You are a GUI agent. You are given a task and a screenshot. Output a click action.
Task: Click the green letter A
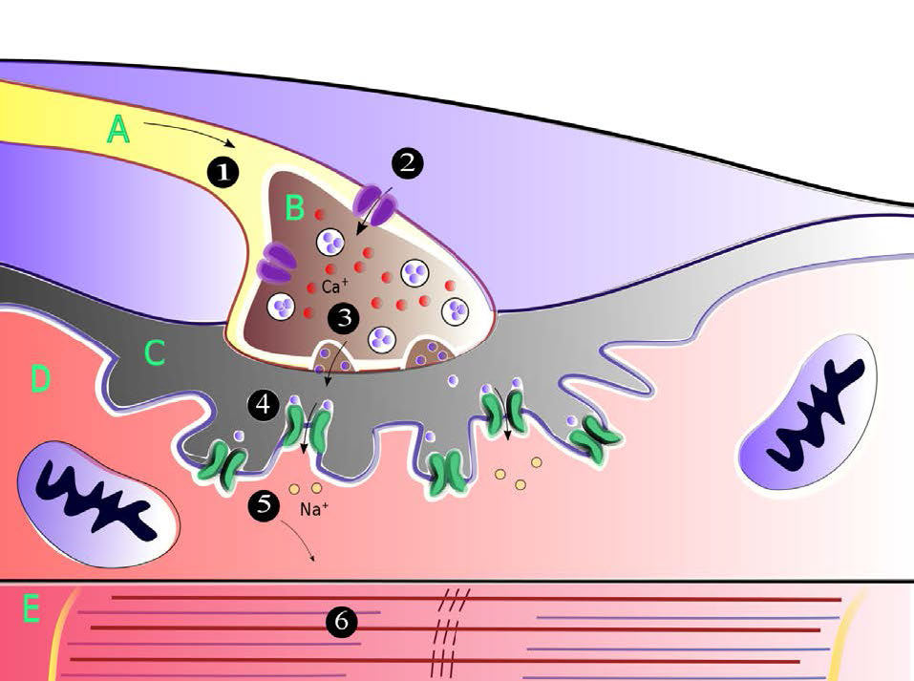click(x=118, y=130)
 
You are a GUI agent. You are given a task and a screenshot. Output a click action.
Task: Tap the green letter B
click(x=295, y=208)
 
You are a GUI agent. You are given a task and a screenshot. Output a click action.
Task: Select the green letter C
click(x=155, y=352)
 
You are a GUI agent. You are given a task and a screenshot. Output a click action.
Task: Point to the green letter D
click(x=40, y=379)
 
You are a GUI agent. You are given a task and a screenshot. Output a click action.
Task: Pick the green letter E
click(x=31, y=609)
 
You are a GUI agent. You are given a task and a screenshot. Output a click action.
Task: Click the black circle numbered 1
click(x=223, y=172)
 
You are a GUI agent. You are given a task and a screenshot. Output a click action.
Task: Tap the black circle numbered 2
click(x=408, y=162)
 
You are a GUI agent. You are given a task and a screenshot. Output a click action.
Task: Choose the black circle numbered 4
click(x=264, y=404)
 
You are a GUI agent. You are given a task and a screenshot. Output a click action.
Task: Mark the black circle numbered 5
click(x=264, y=503)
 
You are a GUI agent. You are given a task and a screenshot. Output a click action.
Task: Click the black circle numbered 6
click(x=342, y=622)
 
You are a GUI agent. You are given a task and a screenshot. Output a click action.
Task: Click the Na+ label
click(x=314, y=509)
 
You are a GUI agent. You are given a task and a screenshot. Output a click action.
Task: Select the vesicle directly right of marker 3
click(x=382, y=338)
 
